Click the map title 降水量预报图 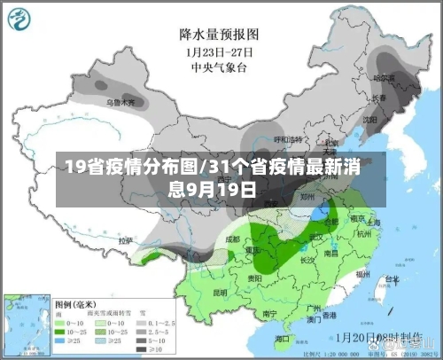tap(218, 34)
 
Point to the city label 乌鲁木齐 tap(123, 102)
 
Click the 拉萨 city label tap(126, 240)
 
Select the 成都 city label tap(233, 238)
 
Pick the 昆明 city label tap(221, 291)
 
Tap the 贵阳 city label tap(255, 278)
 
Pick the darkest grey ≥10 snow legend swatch tap(142, 340)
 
